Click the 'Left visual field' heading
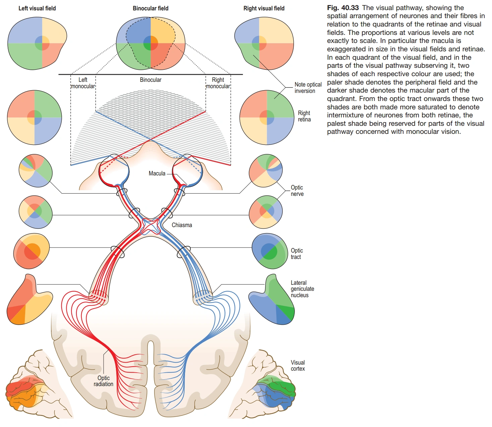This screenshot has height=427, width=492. point(37,8)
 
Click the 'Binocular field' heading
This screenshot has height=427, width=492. point(150,8)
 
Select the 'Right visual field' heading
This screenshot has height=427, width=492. point(264,8)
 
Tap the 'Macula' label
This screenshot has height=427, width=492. point(157,173)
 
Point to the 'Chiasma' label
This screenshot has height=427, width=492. point(182,225)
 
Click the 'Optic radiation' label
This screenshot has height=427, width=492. point(104,381)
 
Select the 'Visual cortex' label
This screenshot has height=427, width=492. point(298,366)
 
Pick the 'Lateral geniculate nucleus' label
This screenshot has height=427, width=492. point(302,289)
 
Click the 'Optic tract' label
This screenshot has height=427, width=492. point(297,254)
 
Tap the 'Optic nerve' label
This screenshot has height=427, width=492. point(297,191)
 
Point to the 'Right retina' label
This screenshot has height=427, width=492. point(304,116)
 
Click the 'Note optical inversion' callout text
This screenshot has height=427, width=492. point(308,88)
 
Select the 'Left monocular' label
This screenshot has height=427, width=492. point(83,83)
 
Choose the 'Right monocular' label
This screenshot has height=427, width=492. point(218,83)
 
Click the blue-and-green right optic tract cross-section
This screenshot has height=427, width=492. point(269,251)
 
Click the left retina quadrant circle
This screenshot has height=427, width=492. point(35,117)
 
